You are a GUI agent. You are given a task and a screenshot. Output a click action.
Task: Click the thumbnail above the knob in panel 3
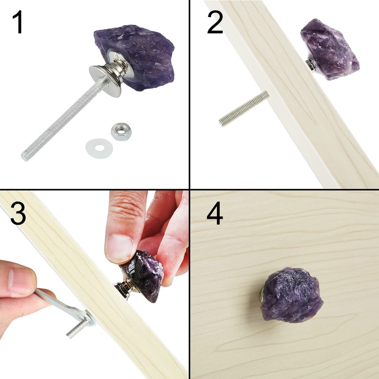(x=118, y=247)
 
